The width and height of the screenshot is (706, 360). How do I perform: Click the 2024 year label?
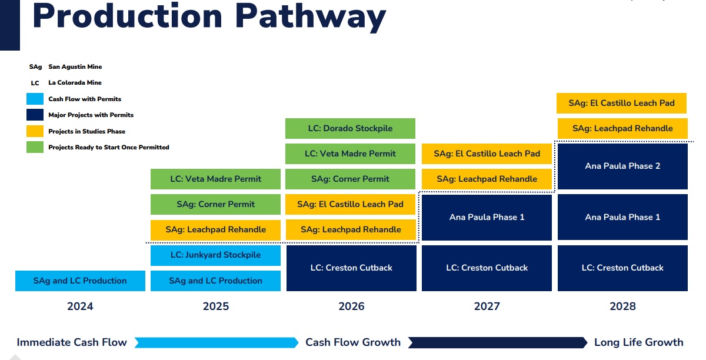80,306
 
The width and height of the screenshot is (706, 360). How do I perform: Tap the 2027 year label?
487,306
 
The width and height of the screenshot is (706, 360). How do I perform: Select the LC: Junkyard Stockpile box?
215,255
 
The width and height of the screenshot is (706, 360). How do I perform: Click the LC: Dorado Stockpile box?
350,128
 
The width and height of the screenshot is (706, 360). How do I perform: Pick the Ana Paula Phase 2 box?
622,166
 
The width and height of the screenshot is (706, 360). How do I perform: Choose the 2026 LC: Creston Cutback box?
351,268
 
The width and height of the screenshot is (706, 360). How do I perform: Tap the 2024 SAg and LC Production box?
80,281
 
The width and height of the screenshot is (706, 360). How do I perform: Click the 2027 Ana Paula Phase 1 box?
487,217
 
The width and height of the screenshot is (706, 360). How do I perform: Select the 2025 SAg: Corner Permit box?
215,204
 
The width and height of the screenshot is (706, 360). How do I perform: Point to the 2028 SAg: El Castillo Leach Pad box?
621,103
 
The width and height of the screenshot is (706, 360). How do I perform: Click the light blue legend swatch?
35,99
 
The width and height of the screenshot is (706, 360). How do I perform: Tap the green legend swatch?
35,147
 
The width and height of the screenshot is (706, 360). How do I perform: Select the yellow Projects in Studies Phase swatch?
35,131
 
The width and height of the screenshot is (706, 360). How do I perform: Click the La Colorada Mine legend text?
75,82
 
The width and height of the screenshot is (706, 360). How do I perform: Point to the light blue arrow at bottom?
217,343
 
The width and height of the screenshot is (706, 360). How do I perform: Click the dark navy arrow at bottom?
498,343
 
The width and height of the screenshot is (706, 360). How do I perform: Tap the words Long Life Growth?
638,342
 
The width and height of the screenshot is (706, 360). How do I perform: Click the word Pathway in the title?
311,16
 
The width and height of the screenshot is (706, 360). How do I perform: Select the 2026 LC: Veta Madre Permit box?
350,154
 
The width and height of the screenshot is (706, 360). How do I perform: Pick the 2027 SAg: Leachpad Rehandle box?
487,179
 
